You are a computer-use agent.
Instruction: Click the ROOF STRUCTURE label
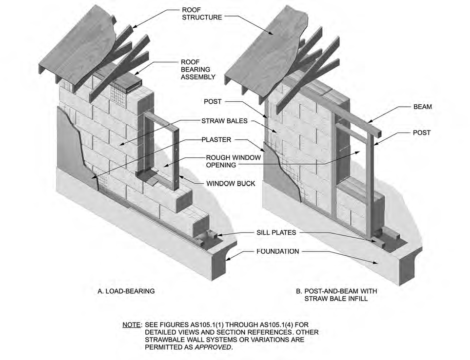pyautogui.click(x=202, y=13)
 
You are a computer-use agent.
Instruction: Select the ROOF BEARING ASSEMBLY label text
pyautogui.click(x=198, y=70)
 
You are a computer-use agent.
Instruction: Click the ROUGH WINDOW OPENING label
pyautogui.click(x=233, y=161)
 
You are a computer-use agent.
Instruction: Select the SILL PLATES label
pyautogui.click(x=276, y=233)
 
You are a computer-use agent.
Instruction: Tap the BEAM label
pyautogui.click(x=422, y=106)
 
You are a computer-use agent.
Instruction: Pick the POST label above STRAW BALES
pyautogui.click(x=213, y=102)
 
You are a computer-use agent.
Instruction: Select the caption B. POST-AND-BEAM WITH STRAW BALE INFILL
pyautogui.click(x=336, y=295)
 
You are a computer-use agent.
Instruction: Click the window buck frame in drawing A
pyautogui.click(x=174, y=151)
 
